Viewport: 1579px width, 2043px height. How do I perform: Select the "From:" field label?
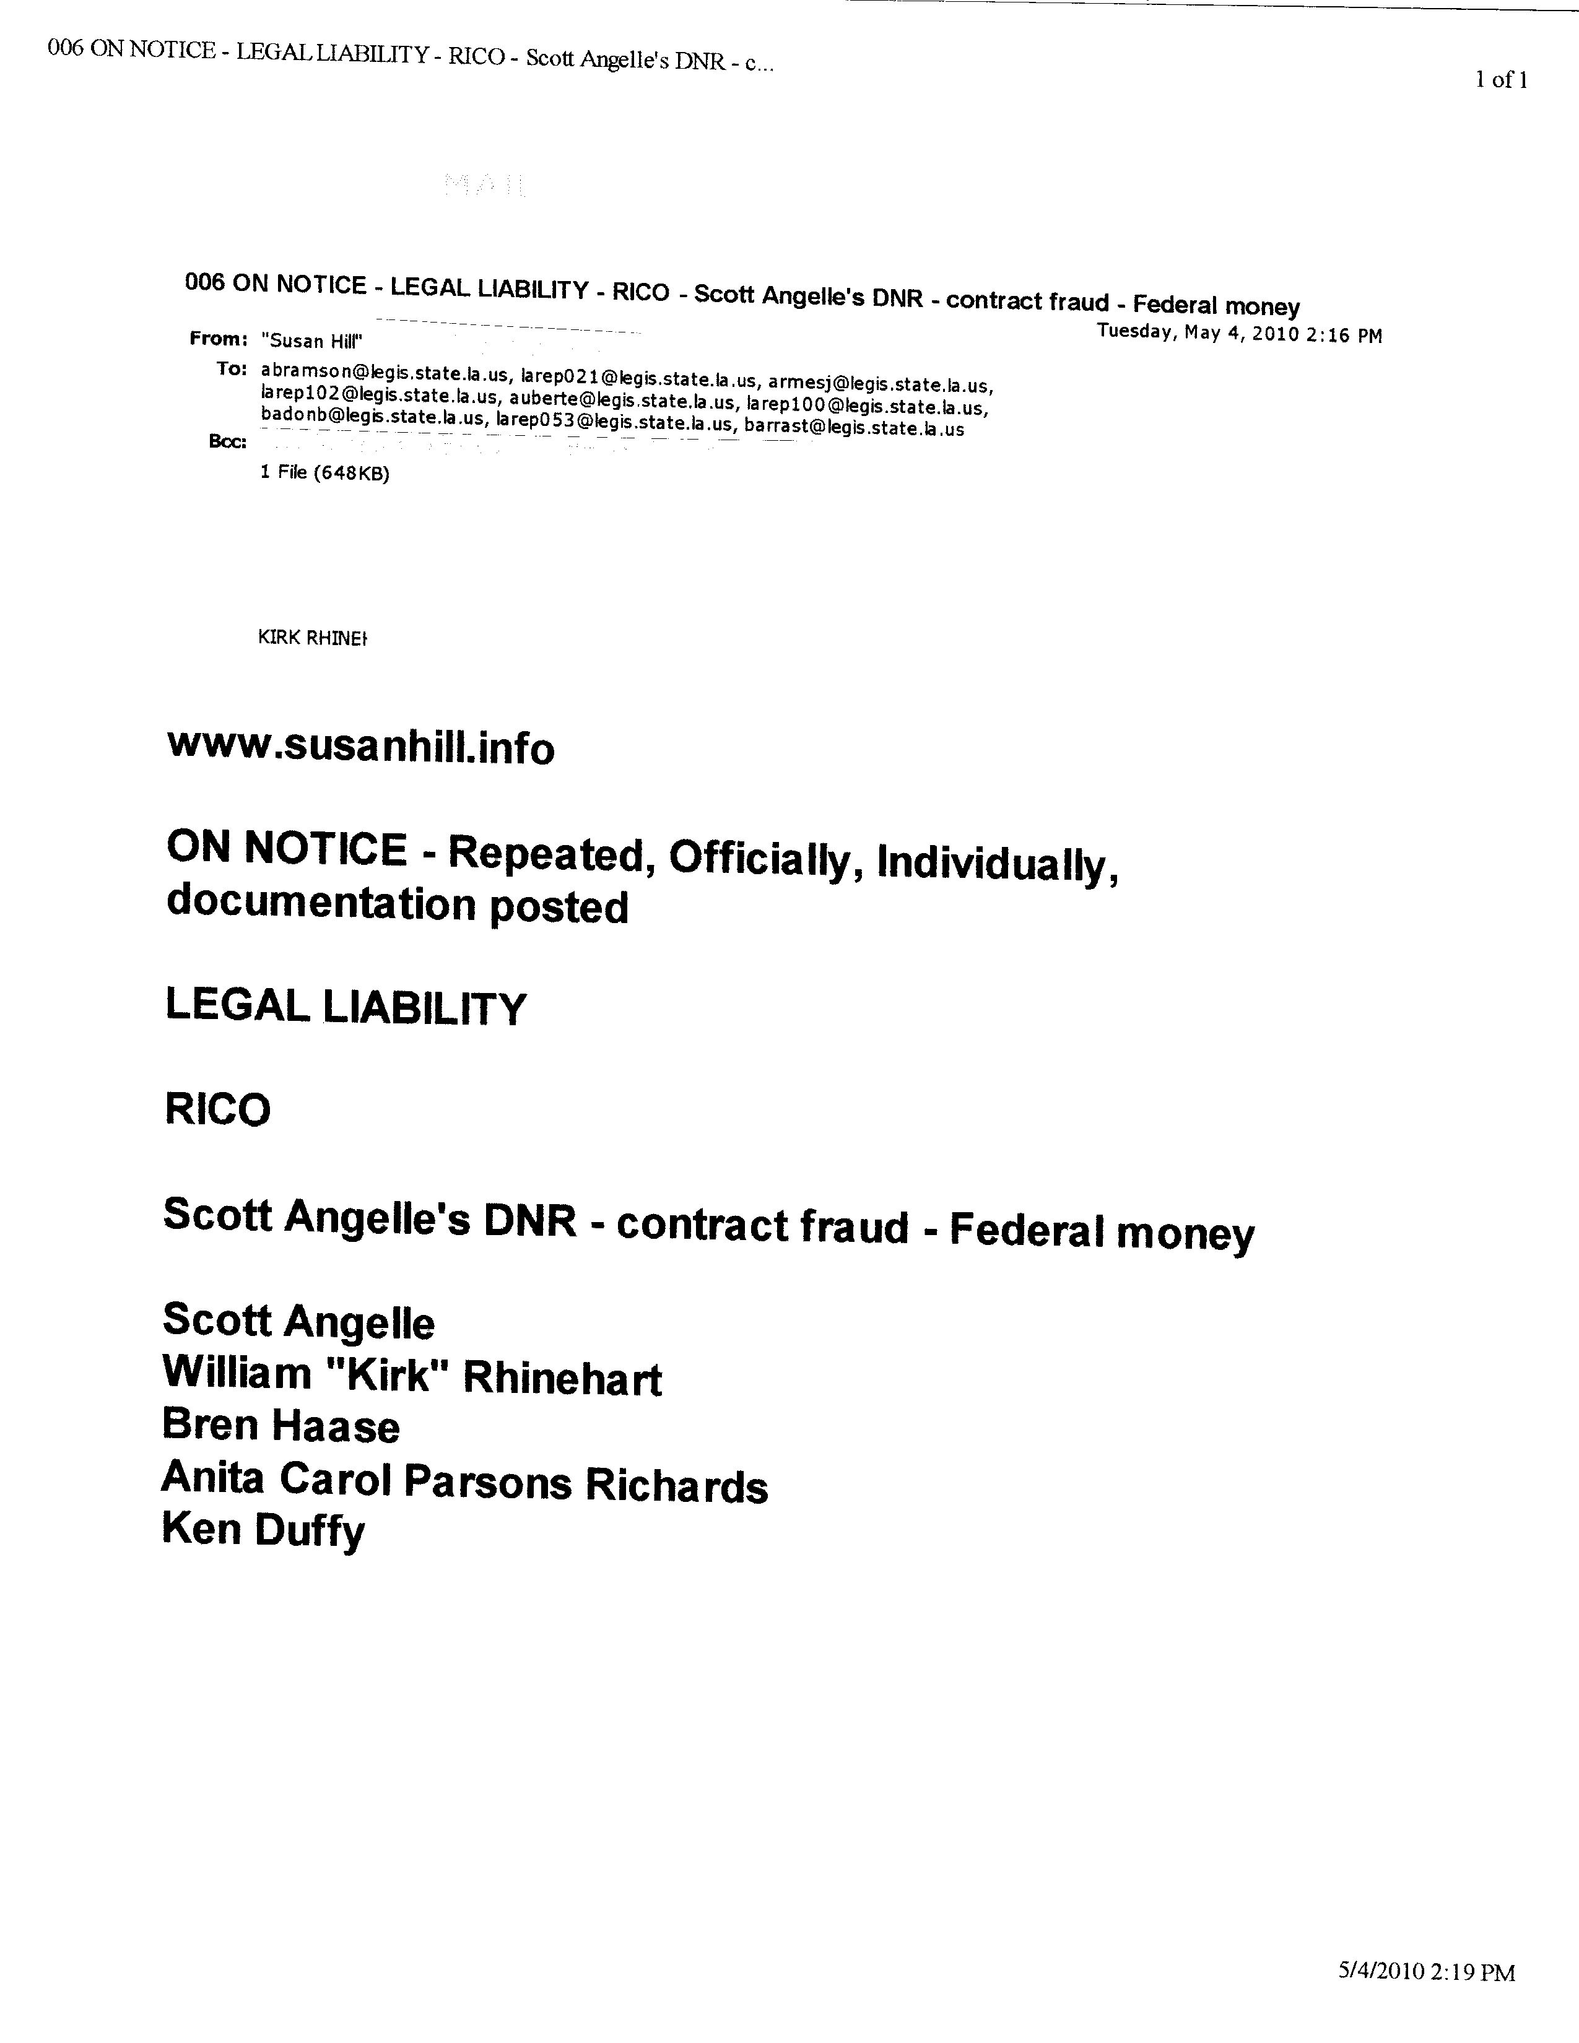(x=218, y=339)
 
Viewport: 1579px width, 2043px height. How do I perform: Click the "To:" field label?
(x=231, y=368)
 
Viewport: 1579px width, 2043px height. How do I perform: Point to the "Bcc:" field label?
(x=227, y=441)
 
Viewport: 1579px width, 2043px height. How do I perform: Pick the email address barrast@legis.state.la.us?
(x=853, y=430)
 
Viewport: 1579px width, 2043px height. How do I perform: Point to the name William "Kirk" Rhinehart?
(x=412, y=1376)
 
